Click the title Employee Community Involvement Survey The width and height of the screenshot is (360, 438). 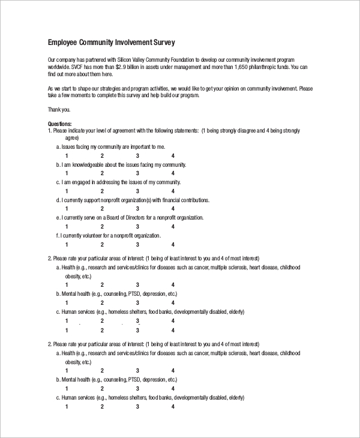click(x=111, y=43)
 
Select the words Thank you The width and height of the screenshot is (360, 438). click(x=58, y=109)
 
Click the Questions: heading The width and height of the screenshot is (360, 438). click(x=59, y=124)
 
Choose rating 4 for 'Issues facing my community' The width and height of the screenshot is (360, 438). click(x=173, y=155)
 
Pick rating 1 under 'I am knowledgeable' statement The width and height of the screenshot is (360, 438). click(x=67, y=173)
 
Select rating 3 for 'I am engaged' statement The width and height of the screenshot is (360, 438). click(x=137, y=191)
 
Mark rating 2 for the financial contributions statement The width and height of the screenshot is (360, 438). click(x=102, y=209)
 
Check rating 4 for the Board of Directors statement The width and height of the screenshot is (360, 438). click(x=173, y=227)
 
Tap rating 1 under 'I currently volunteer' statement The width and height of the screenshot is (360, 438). click(x=67, y=245)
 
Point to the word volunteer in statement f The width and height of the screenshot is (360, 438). click(x=94, y=236)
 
